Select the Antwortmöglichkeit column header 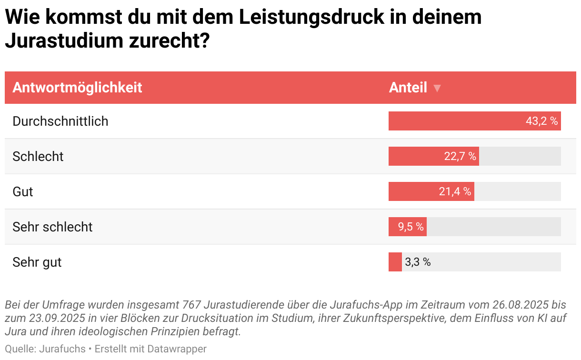(x=77, y=88)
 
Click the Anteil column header (x=408, y=88)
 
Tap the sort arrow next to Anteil (x=437, y=89)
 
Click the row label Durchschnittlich (x=60, y=121)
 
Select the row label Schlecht (x=38, y=156)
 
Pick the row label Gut (x=23, y=191)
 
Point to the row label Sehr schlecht (x=52, y=227)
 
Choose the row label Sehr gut (x=37, y=262)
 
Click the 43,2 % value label (x=541, y=121)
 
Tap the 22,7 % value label (x=460, y=156)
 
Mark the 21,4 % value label (x=455, y=191)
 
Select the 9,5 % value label (x=411, y=227)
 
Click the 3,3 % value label (x=418, y=262)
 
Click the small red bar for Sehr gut (x=395, y=262)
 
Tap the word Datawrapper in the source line (x=177, y=349)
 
